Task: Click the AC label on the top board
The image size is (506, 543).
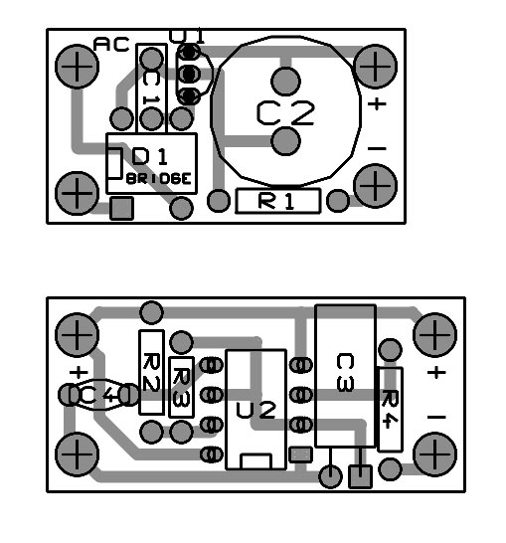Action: tap(111, 45)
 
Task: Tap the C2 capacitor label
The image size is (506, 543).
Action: tap(285, 113)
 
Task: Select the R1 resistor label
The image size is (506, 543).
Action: tap(276, 201)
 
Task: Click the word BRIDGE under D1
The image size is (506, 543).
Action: tap(159, 179)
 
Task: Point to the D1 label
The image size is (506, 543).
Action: tap(149, 156)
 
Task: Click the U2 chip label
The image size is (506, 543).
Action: tap(255, 411)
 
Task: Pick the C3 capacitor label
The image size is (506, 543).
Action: tap(345, 372)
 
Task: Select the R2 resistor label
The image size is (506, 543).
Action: tap(151, 372)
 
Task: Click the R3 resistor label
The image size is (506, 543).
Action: tap(181, 387)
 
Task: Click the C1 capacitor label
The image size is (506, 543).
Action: tap(151, 88)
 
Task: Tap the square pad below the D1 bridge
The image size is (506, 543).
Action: tap(121, 208)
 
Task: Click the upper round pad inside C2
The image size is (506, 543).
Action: tap(285, 82)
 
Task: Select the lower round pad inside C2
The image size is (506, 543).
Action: tap(285, 141)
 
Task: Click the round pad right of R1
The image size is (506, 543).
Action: tap(338, 201)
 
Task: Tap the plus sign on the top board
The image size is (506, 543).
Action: tap(377, 103)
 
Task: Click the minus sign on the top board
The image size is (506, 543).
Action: tap(377, 148)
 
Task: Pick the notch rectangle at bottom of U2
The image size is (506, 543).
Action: tap(255, 461)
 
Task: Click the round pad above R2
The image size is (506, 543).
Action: tap(151, 312)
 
